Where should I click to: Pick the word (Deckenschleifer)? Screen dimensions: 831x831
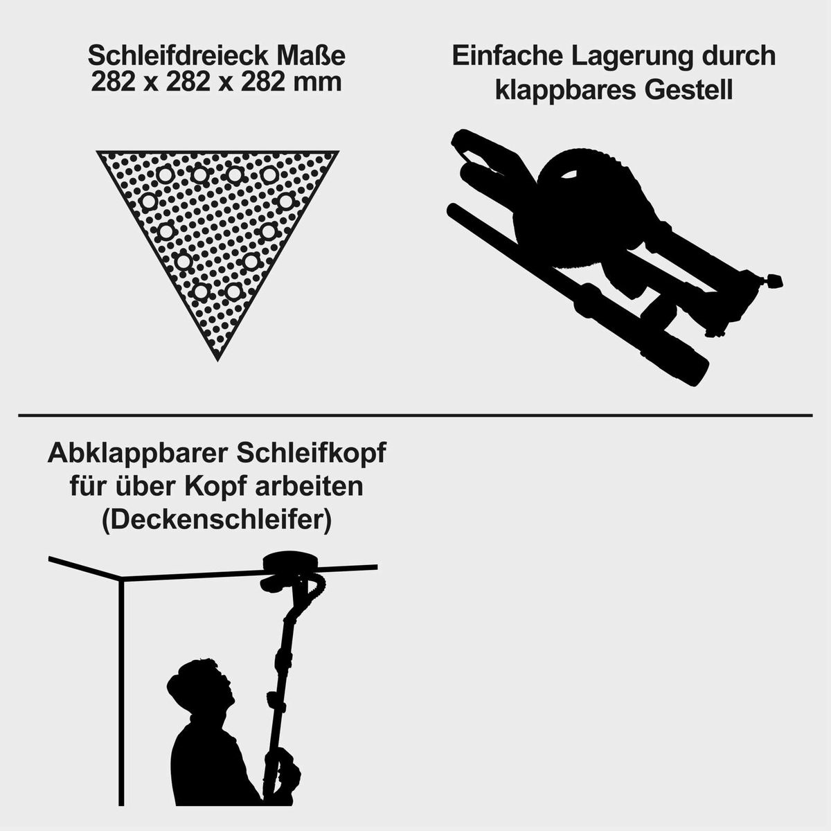point(216,520)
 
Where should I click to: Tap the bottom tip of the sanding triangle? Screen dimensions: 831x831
point(217,359)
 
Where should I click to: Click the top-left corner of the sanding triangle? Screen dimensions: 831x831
point(99,152)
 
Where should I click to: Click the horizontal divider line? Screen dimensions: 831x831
point(415,415)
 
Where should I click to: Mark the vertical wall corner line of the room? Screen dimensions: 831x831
point(121,692)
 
